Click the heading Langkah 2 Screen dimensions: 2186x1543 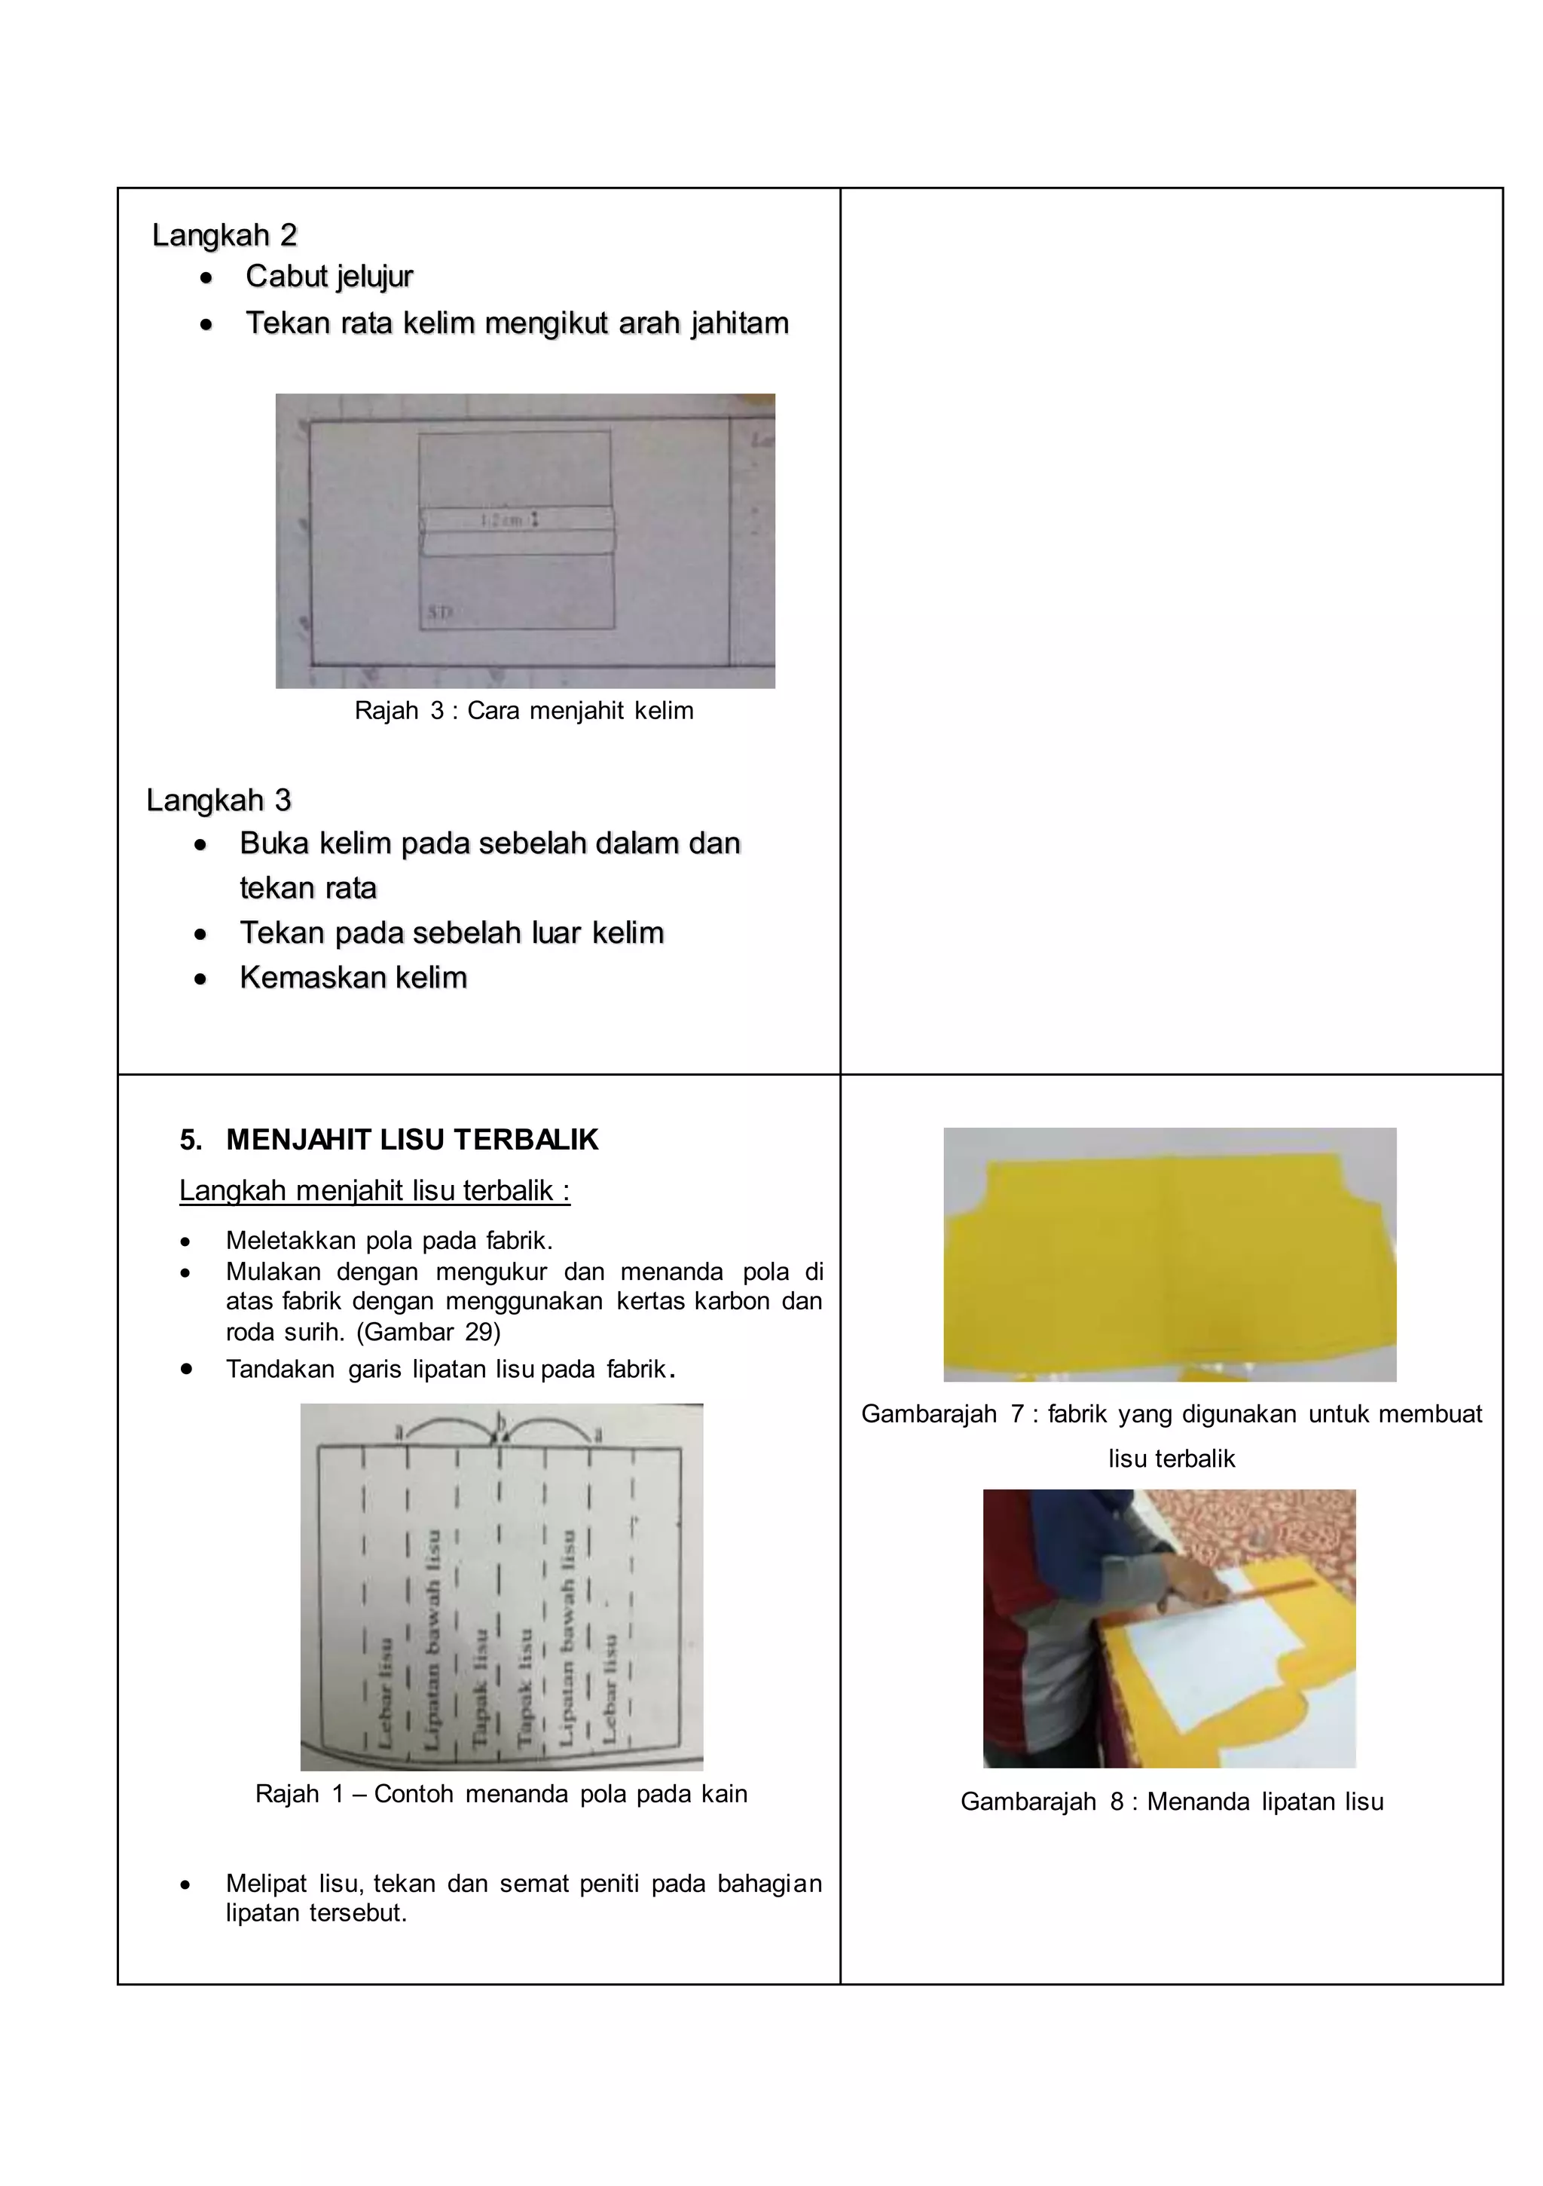[x=225, y=235]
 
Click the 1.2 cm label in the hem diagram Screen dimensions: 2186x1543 [x=502, y=521]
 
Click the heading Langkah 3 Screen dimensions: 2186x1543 [x=219, y=801]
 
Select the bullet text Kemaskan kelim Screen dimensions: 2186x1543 [x=353, y=978]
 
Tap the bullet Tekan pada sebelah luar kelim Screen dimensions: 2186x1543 [x=451, y=933]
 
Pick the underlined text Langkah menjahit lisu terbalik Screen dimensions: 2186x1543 [x=374, y=1191]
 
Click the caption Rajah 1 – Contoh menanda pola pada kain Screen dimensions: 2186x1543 [x=501, y=1795]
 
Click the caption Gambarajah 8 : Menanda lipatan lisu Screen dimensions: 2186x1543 [x=1171, y=1802]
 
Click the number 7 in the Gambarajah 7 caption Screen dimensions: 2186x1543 [x=1016, y=1415]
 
